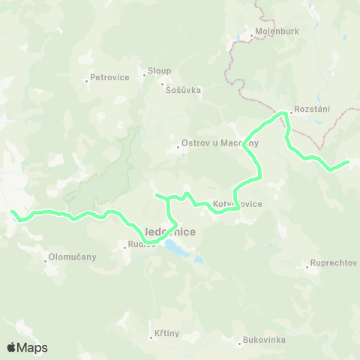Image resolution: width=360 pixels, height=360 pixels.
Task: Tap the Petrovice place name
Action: pyautogui.click(x=109, y=77)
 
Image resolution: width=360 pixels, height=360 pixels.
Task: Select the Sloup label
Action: pyautogui.click(x=160, y=70)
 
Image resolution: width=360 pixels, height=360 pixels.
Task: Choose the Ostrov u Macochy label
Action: pyautogui.click(x=220, y=144)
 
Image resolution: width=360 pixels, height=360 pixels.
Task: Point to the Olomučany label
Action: pyautogui.click(x=72, y=256)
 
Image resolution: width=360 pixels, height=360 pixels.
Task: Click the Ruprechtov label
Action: pyautogui.click(x=334, y=264)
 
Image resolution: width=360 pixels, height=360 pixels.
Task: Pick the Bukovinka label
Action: pyautogui.click(x=265, y=340)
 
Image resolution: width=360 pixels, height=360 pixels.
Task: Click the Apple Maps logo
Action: pyautogui.click(x=27, y=347)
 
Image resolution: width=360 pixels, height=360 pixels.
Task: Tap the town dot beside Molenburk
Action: pyautogui.click(x=251, y=34)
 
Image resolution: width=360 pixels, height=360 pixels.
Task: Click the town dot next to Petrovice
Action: pyautogui.click(x=87, y=79)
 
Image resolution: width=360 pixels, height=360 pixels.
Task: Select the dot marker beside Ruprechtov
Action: pyautogui.click(x=307, y=265)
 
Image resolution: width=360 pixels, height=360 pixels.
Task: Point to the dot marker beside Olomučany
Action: pyautogui.click(x=45, y=260)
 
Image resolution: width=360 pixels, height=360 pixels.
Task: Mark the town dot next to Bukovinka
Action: pyautogui.click(x=240, y=342)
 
